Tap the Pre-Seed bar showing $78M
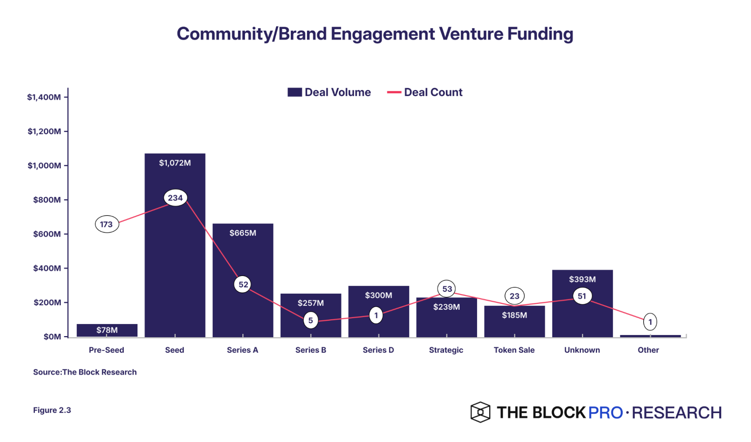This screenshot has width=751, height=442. (107, 330)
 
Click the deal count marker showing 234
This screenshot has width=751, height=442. (175, 198)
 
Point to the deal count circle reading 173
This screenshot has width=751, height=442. (107, 224)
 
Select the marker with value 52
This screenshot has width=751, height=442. (243, 284)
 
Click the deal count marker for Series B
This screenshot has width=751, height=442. (311, 320)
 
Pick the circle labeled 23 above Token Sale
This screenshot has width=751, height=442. (514, 296)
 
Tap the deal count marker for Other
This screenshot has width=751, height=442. (650, 322)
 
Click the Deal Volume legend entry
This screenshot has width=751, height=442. (329, 92)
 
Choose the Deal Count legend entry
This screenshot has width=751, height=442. (425, 92)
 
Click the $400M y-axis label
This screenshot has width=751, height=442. (47, 268)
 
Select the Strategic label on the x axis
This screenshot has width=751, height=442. (446, 350)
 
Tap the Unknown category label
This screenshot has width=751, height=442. (582, 350)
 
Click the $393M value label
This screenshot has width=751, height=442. (582, 279)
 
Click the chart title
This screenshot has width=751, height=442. (375, 34)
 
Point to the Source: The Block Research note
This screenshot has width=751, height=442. (85, 372)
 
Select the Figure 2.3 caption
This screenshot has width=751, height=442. (52, 410)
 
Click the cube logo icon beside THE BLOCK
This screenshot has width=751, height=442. (480, 412)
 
